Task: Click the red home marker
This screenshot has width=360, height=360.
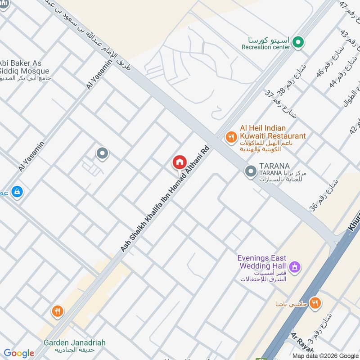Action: tap(179, 162)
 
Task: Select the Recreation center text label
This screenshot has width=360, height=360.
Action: tap(265, 47)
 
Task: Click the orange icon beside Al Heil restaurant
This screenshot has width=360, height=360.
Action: tap(231, 137)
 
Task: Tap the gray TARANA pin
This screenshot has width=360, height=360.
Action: tap(250, 171)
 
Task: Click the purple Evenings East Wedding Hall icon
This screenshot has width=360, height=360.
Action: tap(295, 267)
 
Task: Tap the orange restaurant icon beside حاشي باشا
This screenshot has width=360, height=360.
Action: tap(315, 303)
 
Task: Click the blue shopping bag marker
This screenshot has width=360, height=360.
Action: tap(17, 192)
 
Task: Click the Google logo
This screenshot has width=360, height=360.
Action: tap(19, 353)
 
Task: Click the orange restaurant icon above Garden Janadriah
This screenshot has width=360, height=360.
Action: tap(57, 310)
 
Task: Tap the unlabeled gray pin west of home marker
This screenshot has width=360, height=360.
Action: tap(102, 153)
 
